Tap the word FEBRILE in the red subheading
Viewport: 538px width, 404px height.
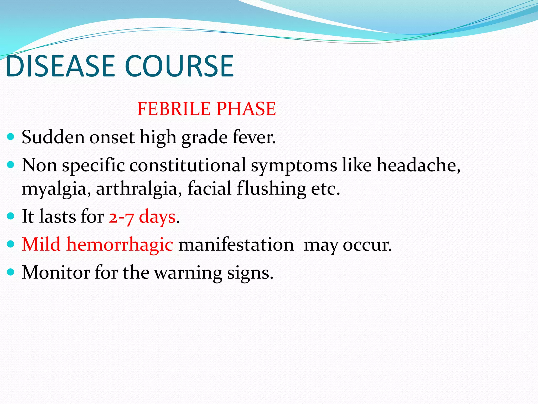(x=174, y=109)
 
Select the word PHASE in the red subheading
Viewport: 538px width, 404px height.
(x=246, y=109)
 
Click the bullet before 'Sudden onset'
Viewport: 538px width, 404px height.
(x=11, y=137)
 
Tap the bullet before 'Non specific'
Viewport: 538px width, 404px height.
(x=11, y=165)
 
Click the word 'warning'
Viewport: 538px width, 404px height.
(x=188, y=273)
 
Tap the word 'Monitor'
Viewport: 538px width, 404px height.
(x=56, y=272)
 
